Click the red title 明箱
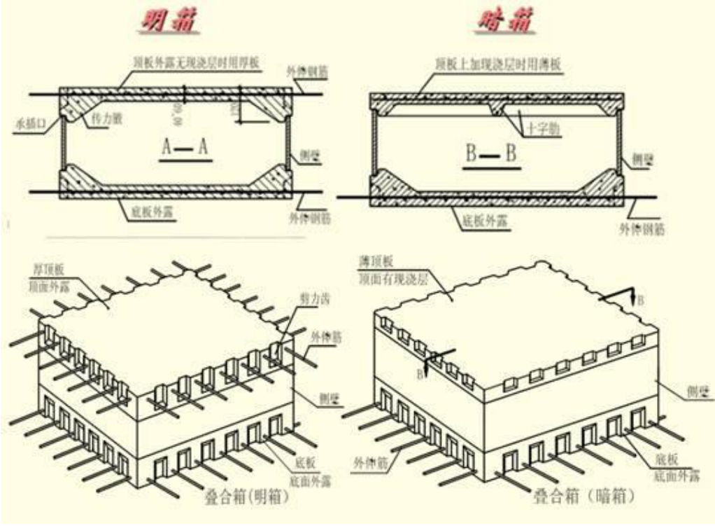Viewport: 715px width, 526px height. [168, 21]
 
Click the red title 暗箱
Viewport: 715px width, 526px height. [507, 21]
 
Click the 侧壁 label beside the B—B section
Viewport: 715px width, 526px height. [642, 158]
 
